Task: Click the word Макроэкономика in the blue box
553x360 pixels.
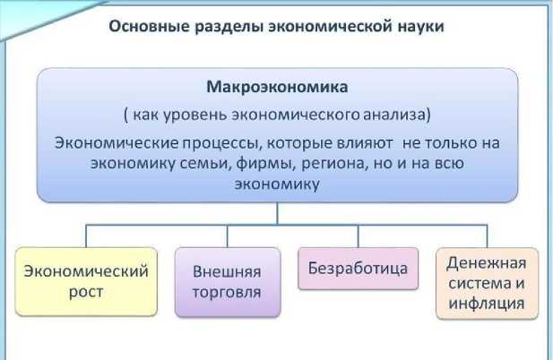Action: pyautogui.click(x=277, y=88)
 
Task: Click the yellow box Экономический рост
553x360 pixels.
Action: pyautogui.click(x=86, y=281)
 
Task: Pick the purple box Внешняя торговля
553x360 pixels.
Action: pyautogui.click(x=227, y=281)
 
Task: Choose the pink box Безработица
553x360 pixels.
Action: pyautogui.click(x=358, y=268)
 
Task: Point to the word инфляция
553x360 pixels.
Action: pyautogui.click(x=487, y=304)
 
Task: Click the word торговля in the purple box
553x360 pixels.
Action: pyautogui.click(x=227, y=292)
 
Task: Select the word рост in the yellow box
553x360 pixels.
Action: pyautogui.click(x=86, y=292)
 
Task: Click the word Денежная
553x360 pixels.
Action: pyautogui.click(x=487, y=262)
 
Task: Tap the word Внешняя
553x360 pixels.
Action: pyautogui.click(x=227, y=271)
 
